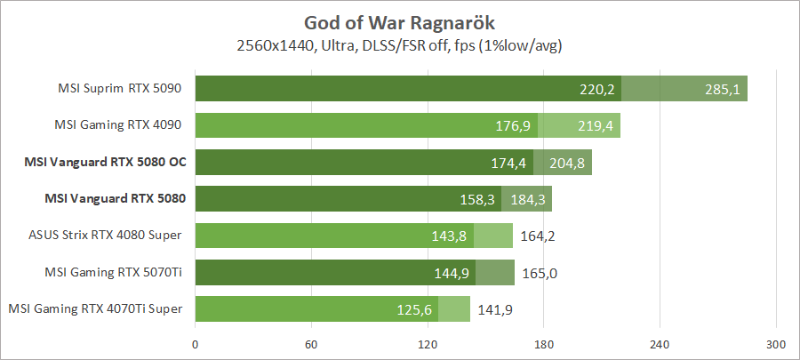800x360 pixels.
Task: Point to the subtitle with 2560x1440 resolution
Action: coord(400,44)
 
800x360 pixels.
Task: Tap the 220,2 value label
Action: coord(597,89)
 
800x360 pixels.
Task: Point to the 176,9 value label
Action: coord(513,126)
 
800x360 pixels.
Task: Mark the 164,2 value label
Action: coord(538,236)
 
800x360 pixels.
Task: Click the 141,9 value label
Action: coord(494,309)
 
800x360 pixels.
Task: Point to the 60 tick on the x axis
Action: coord(311,345)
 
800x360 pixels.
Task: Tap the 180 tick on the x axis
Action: coord(544,345)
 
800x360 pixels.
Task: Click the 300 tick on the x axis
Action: coord(776,345)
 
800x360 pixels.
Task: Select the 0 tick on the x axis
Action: coord(195,345)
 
